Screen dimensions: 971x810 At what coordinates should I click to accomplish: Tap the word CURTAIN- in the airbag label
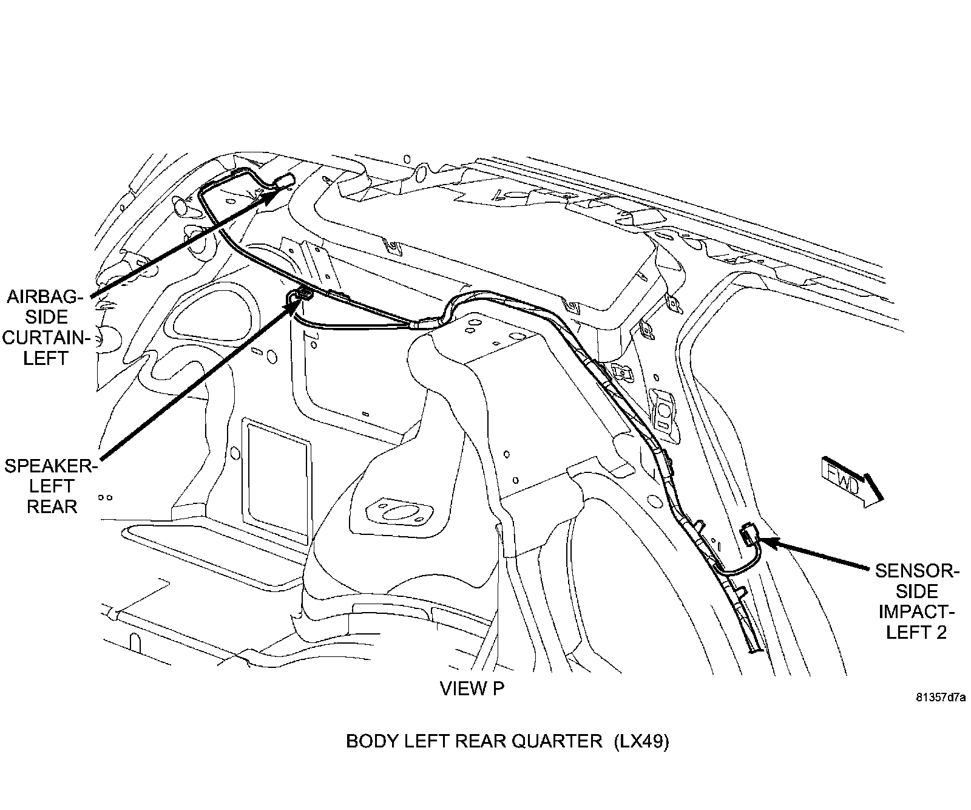pos(46,338)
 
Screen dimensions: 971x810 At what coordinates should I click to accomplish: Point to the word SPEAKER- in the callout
pos(50,466)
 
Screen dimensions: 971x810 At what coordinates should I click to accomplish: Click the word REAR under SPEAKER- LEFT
pos(52,506)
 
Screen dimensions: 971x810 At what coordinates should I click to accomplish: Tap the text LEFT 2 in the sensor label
pos(916,632)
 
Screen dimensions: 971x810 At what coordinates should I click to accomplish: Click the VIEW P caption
pos(472,689)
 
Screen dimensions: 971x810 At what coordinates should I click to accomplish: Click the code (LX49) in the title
pos(641,741)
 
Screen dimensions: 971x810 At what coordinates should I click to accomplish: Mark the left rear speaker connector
pos(302,296)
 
